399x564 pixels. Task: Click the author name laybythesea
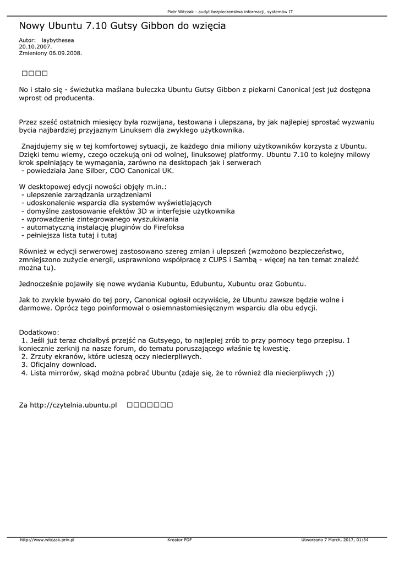point(58,41)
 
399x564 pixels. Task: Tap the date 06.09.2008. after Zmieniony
point(65,53)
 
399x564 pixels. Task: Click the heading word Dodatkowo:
point(39,333)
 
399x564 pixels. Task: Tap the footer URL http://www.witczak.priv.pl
point(47,540)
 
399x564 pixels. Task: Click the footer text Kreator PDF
point(179,540)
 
